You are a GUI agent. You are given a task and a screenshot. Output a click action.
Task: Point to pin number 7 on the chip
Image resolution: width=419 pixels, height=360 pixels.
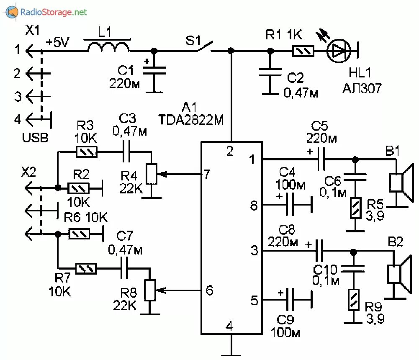click(x=206, y=174)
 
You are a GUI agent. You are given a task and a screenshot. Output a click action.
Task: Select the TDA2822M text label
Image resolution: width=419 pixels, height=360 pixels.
click(x=191, y=121)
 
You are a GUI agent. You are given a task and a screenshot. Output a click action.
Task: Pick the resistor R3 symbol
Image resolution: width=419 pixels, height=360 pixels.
click(x=87, y=152)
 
